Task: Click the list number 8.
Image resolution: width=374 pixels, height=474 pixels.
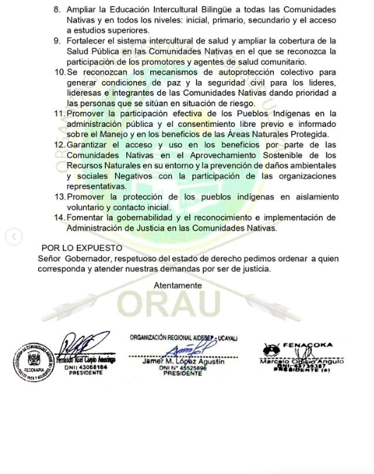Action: [57, 11]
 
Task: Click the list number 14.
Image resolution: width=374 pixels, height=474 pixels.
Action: [59, 218]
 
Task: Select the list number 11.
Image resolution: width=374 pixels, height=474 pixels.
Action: [59, 114]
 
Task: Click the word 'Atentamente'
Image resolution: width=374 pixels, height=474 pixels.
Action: [178, 286]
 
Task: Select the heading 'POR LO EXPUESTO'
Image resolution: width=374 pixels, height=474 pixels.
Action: [82, 248]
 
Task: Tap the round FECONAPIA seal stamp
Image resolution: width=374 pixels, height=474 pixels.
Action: [33, 362]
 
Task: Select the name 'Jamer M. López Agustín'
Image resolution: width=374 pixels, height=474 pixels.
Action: [183, 361]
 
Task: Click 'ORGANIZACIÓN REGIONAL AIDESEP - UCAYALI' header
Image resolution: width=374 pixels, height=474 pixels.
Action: [183, 338]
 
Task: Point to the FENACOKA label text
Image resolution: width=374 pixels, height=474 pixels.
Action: [308, 346]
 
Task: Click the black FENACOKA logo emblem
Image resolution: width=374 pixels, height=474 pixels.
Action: [271, 349]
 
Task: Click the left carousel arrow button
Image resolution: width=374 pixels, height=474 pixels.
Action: [13, 237]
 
